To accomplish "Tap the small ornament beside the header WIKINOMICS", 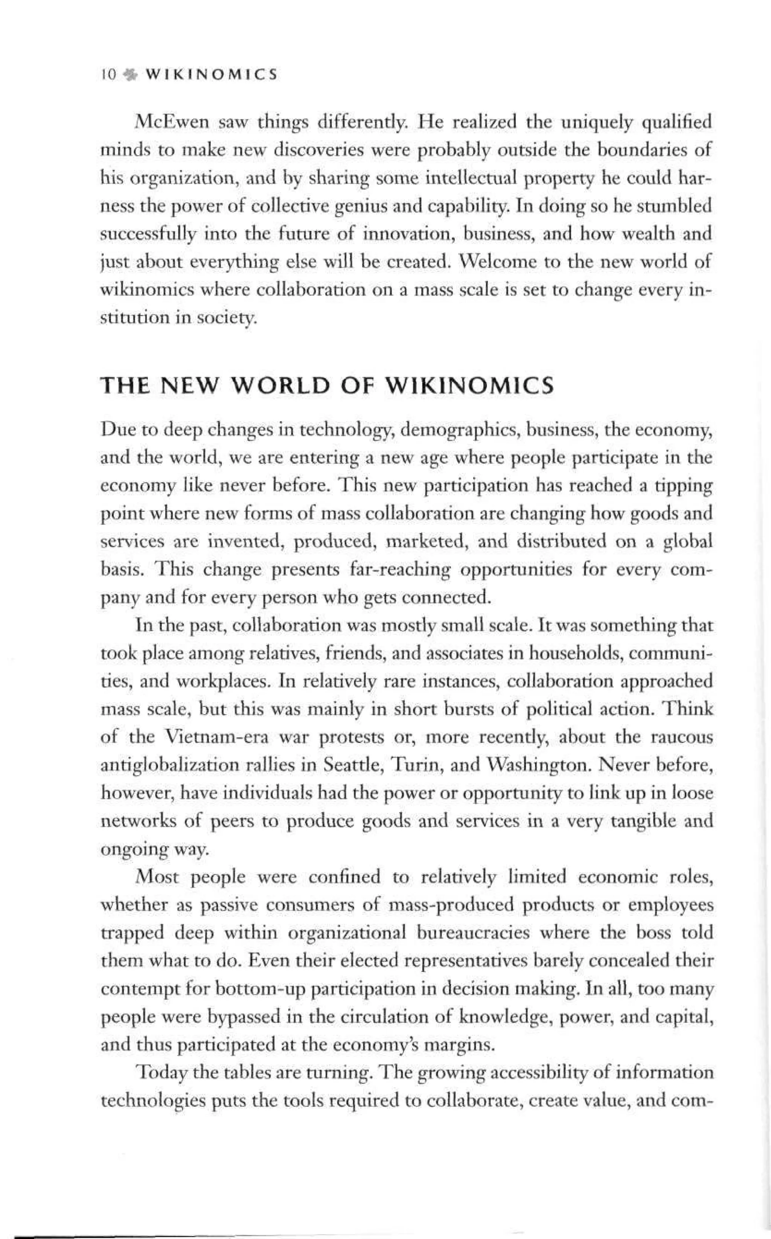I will (131, 75).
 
